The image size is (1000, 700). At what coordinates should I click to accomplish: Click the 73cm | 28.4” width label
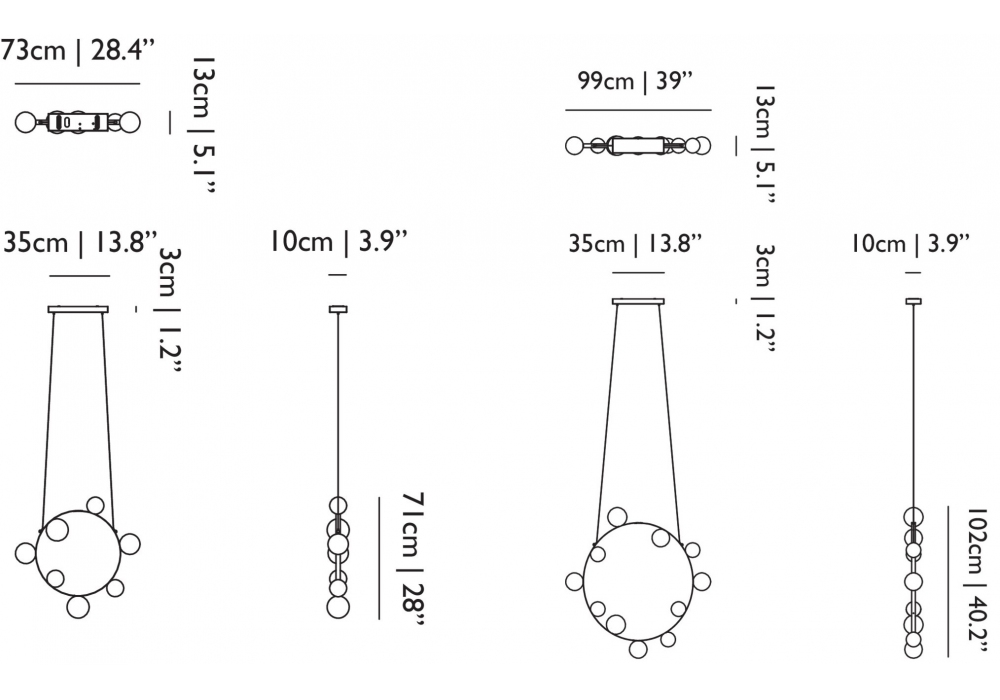[77, 50]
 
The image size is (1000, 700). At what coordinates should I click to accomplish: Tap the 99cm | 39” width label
[635, 81]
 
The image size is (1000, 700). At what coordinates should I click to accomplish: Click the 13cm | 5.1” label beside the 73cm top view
[204, 125]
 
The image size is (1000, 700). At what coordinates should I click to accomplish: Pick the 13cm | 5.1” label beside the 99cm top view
[764, 144]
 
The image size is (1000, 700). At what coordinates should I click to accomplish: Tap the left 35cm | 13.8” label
[80, 243]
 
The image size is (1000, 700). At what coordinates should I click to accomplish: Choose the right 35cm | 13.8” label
[635, 243]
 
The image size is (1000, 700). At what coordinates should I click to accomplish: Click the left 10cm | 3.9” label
[338, 242]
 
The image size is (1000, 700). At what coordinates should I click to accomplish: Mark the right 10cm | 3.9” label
[910, 243]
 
